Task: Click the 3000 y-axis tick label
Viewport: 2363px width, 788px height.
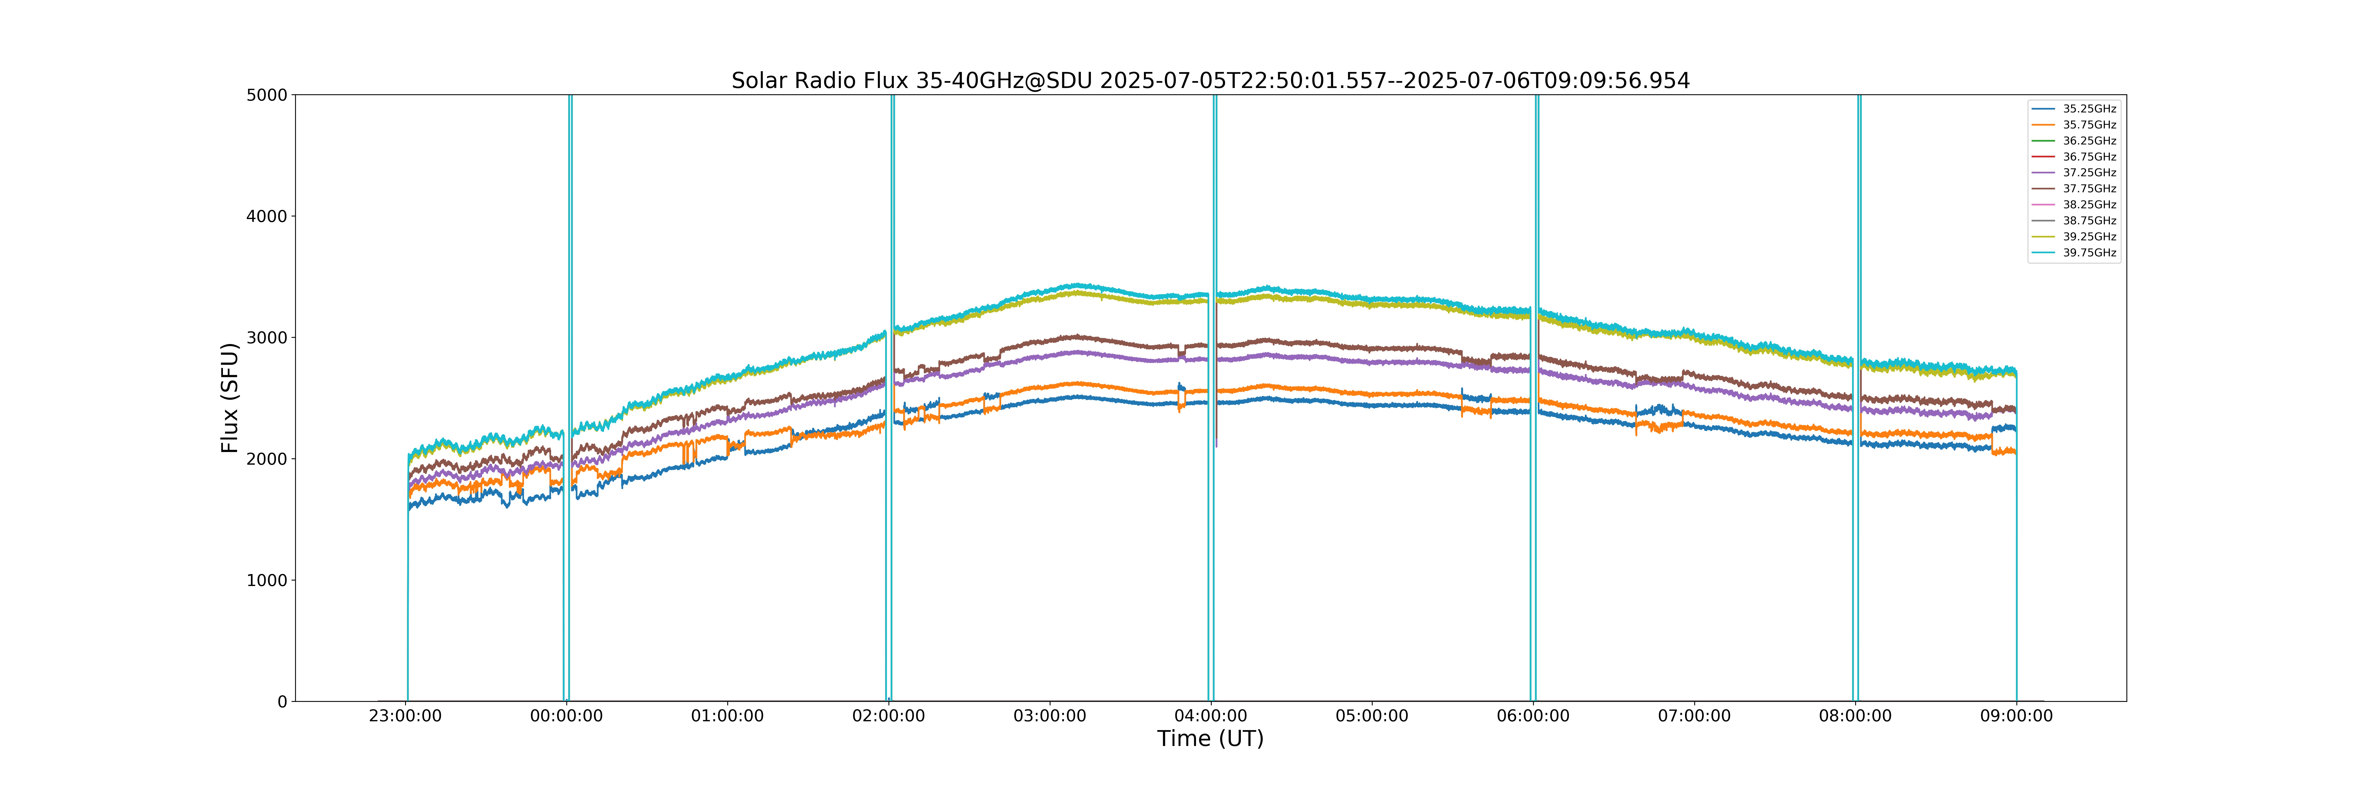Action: [x=267, y=338]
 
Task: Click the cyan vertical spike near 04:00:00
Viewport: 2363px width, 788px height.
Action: [x=1212, y=398]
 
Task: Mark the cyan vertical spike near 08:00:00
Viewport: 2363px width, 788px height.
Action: [x=1857, y=398]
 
